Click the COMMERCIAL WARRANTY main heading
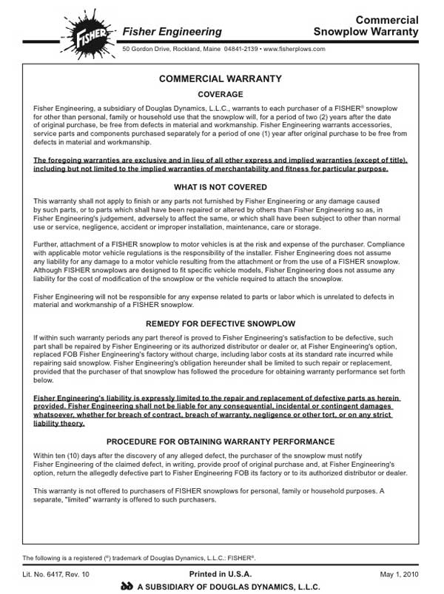pyautogui.click(x=221, y=79)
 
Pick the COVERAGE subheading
pyautogui.click(x=221, y=95)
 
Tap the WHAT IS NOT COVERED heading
pyautogui.click(x=221, y=187)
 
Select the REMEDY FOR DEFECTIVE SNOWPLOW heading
pyautogui.click(x=221, y=324)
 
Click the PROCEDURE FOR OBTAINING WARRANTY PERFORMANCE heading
pyautogui.click(x=221, y=440)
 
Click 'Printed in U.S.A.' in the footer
pyautogui.click(x=221, y=573)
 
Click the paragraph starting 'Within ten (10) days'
pyautogui.click(x=221, y=464)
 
